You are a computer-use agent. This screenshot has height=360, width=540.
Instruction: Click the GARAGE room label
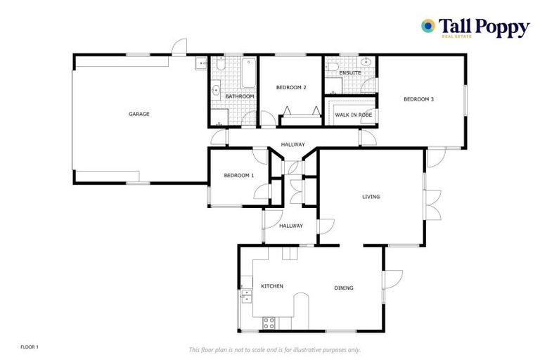pos(139,114)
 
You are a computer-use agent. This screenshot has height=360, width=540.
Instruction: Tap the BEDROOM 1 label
pos(238,175)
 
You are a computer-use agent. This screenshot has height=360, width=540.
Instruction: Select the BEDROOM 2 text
pos(291,87)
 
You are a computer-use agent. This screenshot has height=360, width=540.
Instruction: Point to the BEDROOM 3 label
pos(418,99)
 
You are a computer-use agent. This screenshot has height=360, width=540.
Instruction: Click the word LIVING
pos(371,197)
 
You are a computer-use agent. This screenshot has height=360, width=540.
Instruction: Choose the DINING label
pos(344,288)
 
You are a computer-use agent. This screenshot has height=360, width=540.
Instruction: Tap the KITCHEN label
pos(272,286)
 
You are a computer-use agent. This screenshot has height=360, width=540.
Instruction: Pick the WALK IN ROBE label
pos(353,114)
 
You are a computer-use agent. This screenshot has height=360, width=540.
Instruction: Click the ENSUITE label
pos(349,72)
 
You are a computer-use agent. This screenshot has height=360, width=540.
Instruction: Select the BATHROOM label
pos(239,96)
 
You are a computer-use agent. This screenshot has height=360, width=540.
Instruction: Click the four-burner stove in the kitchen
pos(269,323)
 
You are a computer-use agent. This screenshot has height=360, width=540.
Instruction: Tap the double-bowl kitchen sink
pos(246,295)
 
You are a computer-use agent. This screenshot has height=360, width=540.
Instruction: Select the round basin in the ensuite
pos(369,62)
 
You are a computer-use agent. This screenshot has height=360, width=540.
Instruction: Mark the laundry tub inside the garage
pos(200,63)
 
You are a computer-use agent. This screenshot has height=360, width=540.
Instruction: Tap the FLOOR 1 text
pos(30,347)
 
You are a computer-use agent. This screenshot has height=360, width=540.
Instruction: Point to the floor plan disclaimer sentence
pos(275,349)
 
